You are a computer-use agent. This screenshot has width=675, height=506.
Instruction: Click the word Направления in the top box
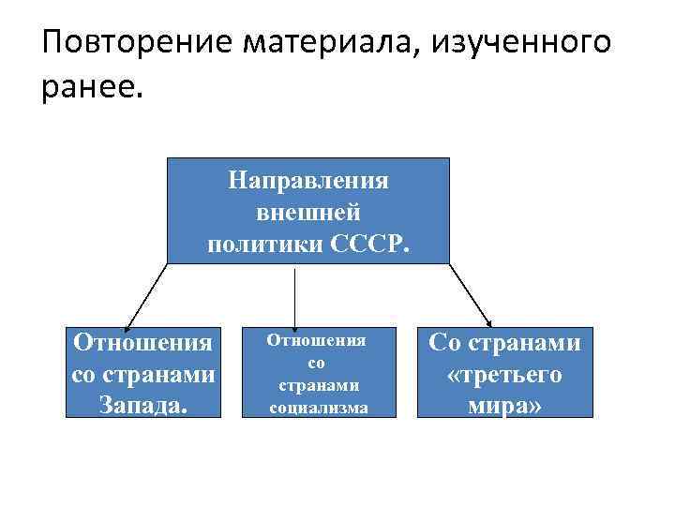[x=308, y=180]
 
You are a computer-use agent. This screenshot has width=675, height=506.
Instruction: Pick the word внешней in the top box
[x=308, y=212]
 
